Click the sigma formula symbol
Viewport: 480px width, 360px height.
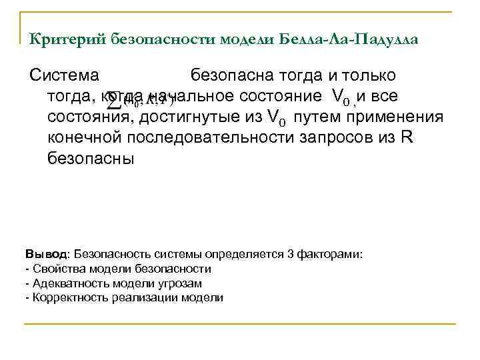[115, 101]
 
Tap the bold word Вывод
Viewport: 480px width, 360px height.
[45, 254]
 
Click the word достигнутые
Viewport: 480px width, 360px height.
[213, 117]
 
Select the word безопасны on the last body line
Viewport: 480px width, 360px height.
[91, 159]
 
